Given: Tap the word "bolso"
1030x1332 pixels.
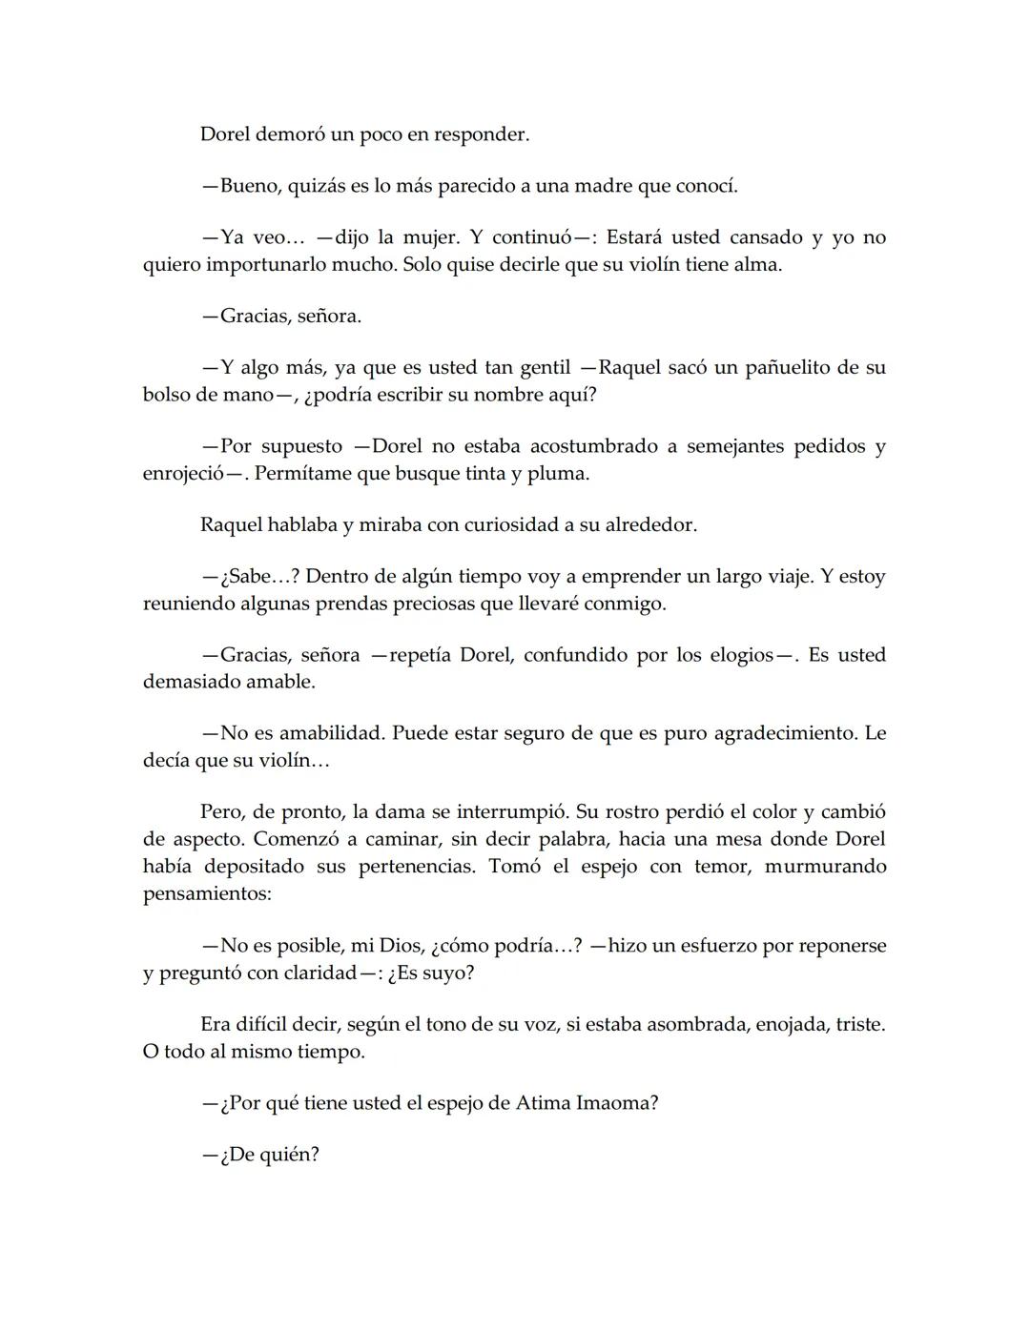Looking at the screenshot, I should pyautogui.click(x=167, y=394).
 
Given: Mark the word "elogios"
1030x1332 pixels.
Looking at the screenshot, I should pyautogui.click(x=734, y=655).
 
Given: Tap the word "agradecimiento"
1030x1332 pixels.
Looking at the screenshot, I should pyautogui.click(x=763, y=733).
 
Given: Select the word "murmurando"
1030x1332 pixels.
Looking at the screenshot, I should pyautogui.click(x=825, y=866).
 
